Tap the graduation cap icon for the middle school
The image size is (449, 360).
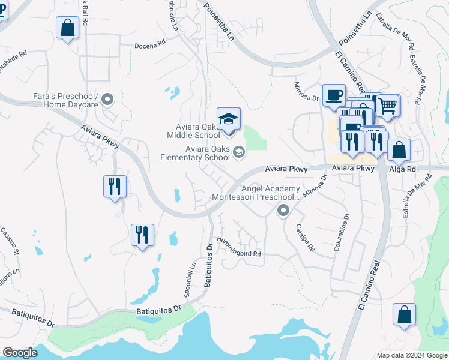(228, 118)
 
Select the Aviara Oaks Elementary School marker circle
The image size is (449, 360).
(238, 152)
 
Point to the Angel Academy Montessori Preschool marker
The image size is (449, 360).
(283, 211)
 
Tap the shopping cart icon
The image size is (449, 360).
(388, 106)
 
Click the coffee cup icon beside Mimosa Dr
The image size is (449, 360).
(334, 95)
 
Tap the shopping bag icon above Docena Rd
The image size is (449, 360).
(68, 27)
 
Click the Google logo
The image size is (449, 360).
(20, 353)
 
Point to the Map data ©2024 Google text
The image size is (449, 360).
(411, 355)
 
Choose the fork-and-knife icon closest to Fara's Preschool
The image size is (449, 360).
(115, 186)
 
